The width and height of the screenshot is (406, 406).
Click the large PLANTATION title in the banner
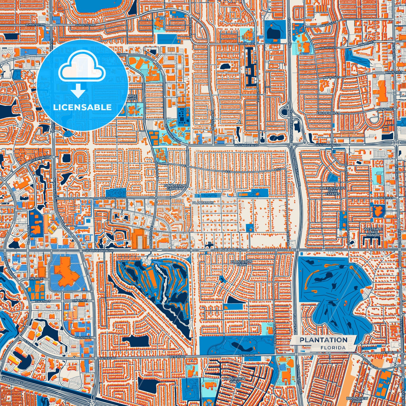(323, 340)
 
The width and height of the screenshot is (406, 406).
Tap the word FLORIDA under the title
(333, 348)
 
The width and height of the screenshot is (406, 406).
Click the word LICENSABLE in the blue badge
(82, 107)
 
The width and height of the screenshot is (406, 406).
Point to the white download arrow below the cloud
(78, 90)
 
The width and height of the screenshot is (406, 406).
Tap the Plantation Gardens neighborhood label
(175, 187)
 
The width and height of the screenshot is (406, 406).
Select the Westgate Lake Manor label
(373, 232)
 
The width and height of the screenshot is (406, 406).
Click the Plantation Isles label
(234, 380)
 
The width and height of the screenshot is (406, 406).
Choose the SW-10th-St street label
(83, 337)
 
